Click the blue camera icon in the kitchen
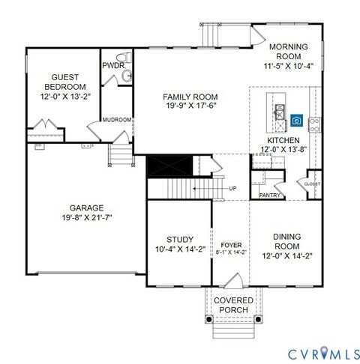[x=297, y=121]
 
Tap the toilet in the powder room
[x=127, y=58]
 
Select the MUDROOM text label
[x=118, y=119]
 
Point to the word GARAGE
[x=86, y=208]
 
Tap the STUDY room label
[x=179, y=240]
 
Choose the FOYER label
[x=231, y=245]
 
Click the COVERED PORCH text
[x=234, y=306]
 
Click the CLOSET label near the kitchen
[x=312, y=183]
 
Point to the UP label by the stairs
[x=232, y=188]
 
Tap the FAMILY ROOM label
[x=190, y=97]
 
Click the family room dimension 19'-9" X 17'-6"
[x=190, y=107]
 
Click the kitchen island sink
[x=280, y=112]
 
